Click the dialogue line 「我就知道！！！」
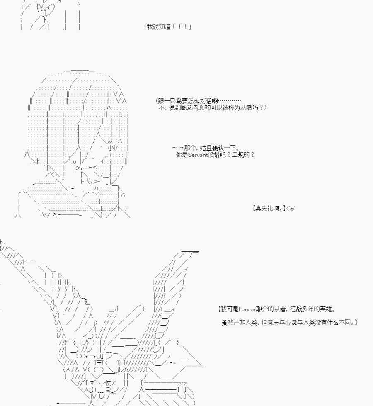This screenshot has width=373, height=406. (x=168, y=27)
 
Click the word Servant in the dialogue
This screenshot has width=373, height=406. (x=198, y=155)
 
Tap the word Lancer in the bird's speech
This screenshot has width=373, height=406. (x=247, y=309)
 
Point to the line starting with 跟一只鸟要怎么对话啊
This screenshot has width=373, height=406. (x=198, y=101)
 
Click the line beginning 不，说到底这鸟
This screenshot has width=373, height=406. (x=212, y=107)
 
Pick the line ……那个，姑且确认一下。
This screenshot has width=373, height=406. (x=206, y=148)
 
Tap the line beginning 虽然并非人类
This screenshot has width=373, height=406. (x=290, y=322)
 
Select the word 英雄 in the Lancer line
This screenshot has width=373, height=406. (x=326, y=309)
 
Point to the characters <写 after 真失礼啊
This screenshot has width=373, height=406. (x=291, y=208)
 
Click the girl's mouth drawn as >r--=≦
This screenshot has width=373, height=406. (x=87, y=168)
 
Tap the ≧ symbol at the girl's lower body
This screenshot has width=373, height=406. (x=55, y=215)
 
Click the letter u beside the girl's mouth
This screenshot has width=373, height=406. (x=75, y=162)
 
